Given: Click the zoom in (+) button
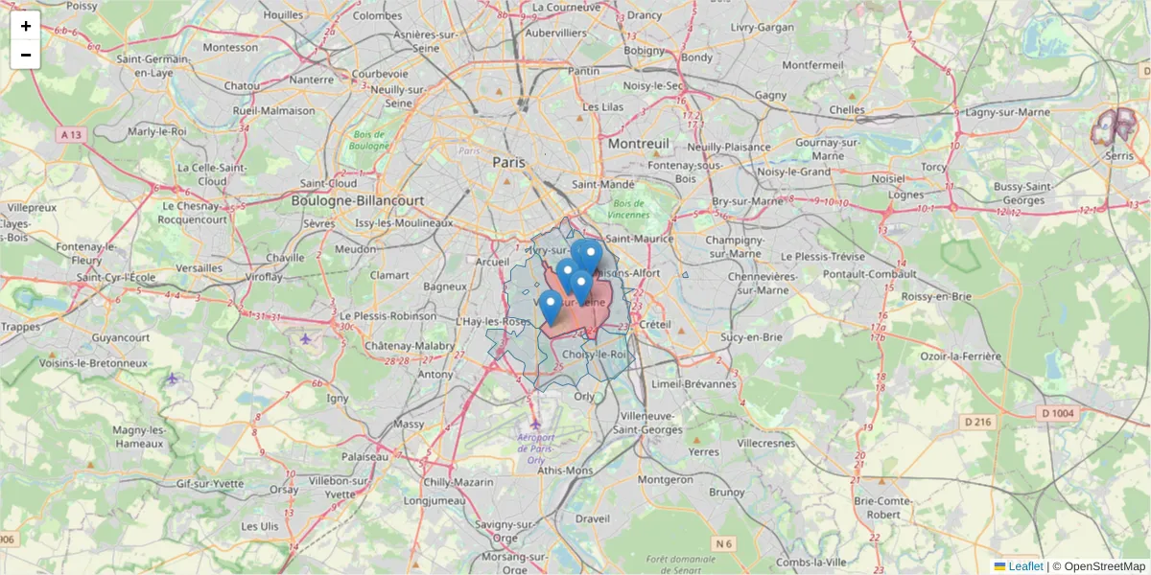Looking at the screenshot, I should pyautogui.click(x=25, y=26).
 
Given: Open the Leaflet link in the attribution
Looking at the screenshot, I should pyautogui.click(x=1024, y=566).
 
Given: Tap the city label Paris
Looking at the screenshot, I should pyautogui.click(x=509, y=162).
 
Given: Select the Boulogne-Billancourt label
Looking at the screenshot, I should pyautogui.click(x=360, y=200).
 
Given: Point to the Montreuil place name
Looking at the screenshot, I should pyautogui.click(x=638, y=143).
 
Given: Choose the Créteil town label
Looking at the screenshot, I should pyautogui.click(x=655, y=325).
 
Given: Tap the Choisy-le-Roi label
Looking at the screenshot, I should pyautogui.click(x=595, y=354).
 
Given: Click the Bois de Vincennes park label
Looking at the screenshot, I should pyautogui.click(x=630, y=209).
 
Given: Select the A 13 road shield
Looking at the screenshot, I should pyautogui.click(x=71, y=135).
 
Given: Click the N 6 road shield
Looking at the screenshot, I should pyautogui.click(x=724, y=544).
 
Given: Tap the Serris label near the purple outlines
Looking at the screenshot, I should pyautogui.click(x=1118, y=153).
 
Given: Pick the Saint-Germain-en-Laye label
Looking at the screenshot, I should pyautogui.click(x=152, y=65).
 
